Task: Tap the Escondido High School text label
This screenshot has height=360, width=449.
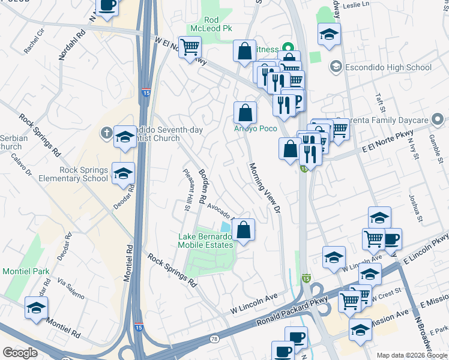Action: click(x=388, y=67)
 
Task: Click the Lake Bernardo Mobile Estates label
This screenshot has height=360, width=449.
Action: click(x=205, y=241)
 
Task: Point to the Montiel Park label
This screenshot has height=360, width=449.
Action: click(x=26, y=271)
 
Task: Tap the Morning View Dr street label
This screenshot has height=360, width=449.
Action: click(x=265, y=188)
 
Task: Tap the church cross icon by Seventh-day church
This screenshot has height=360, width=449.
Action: click(x=106, y=133)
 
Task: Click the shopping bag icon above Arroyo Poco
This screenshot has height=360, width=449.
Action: click(x=245, y=112)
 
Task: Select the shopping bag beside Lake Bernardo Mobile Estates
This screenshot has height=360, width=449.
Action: click(x=243, y=230)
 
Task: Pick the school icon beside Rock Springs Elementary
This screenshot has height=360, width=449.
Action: click(x=123, y=174)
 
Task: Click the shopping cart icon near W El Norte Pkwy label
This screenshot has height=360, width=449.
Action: click(x=190, y=47)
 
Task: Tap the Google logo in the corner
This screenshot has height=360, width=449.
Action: click(x=20, y=353)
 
